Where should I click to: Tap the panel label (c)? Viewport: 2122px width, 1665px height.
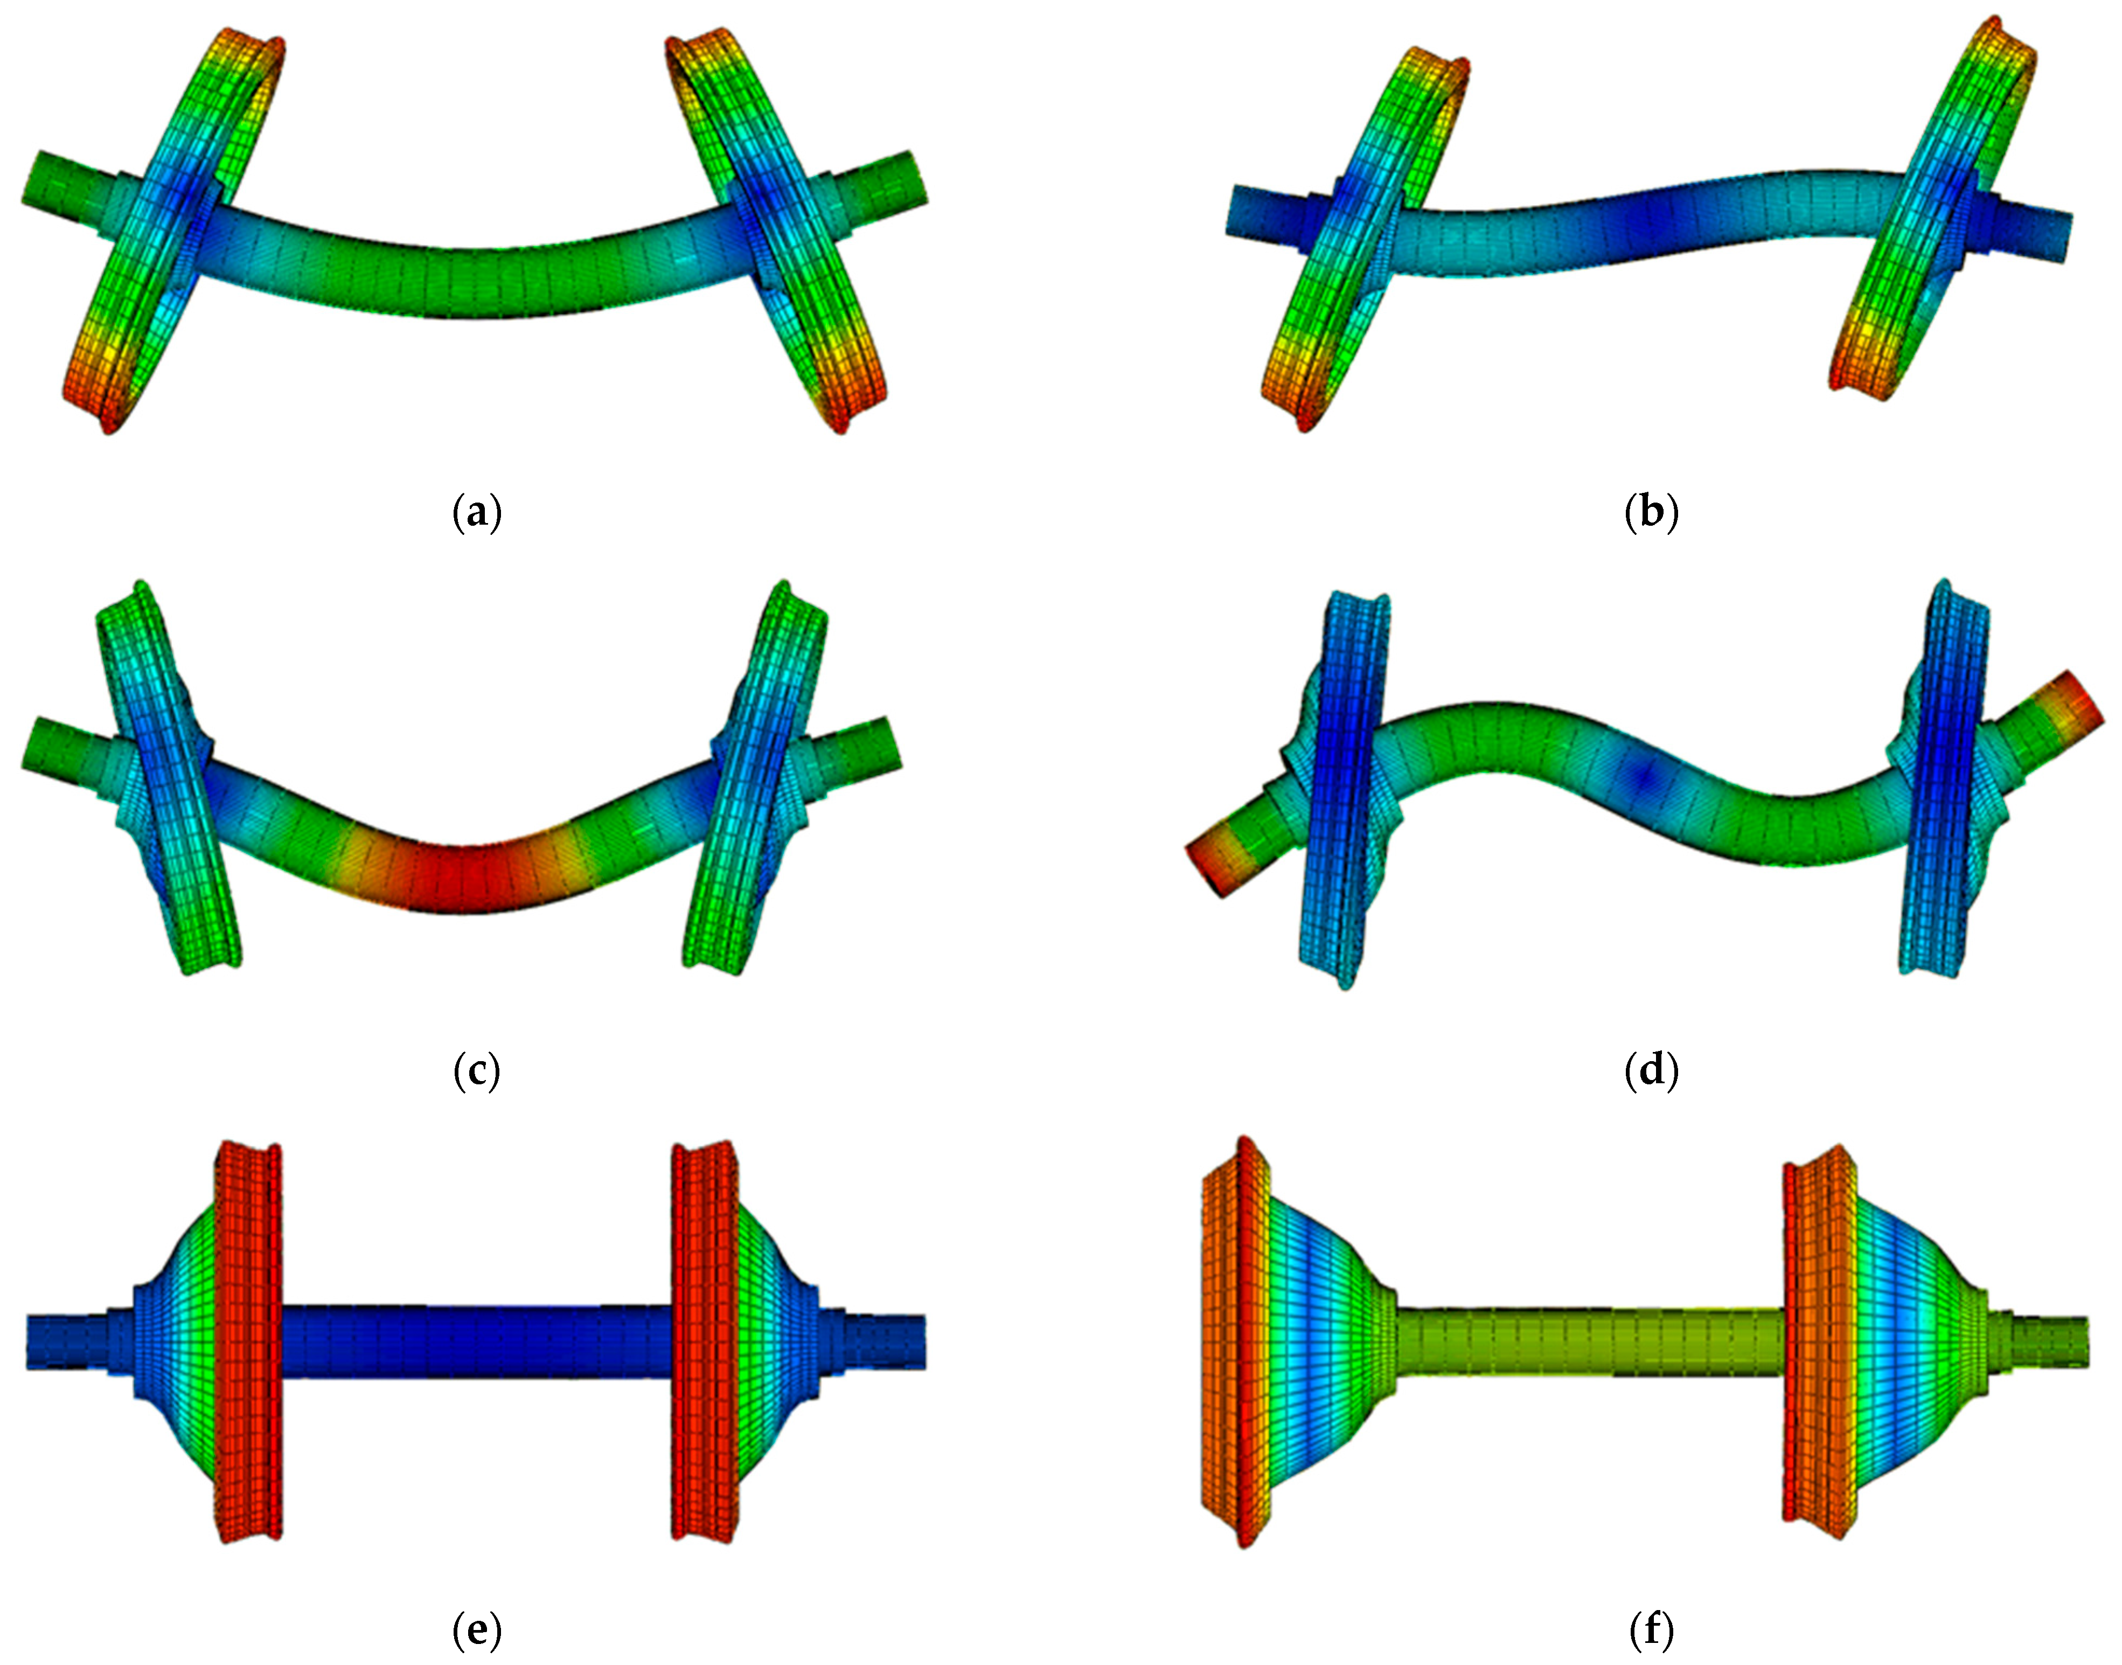tap(477, 1071)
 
